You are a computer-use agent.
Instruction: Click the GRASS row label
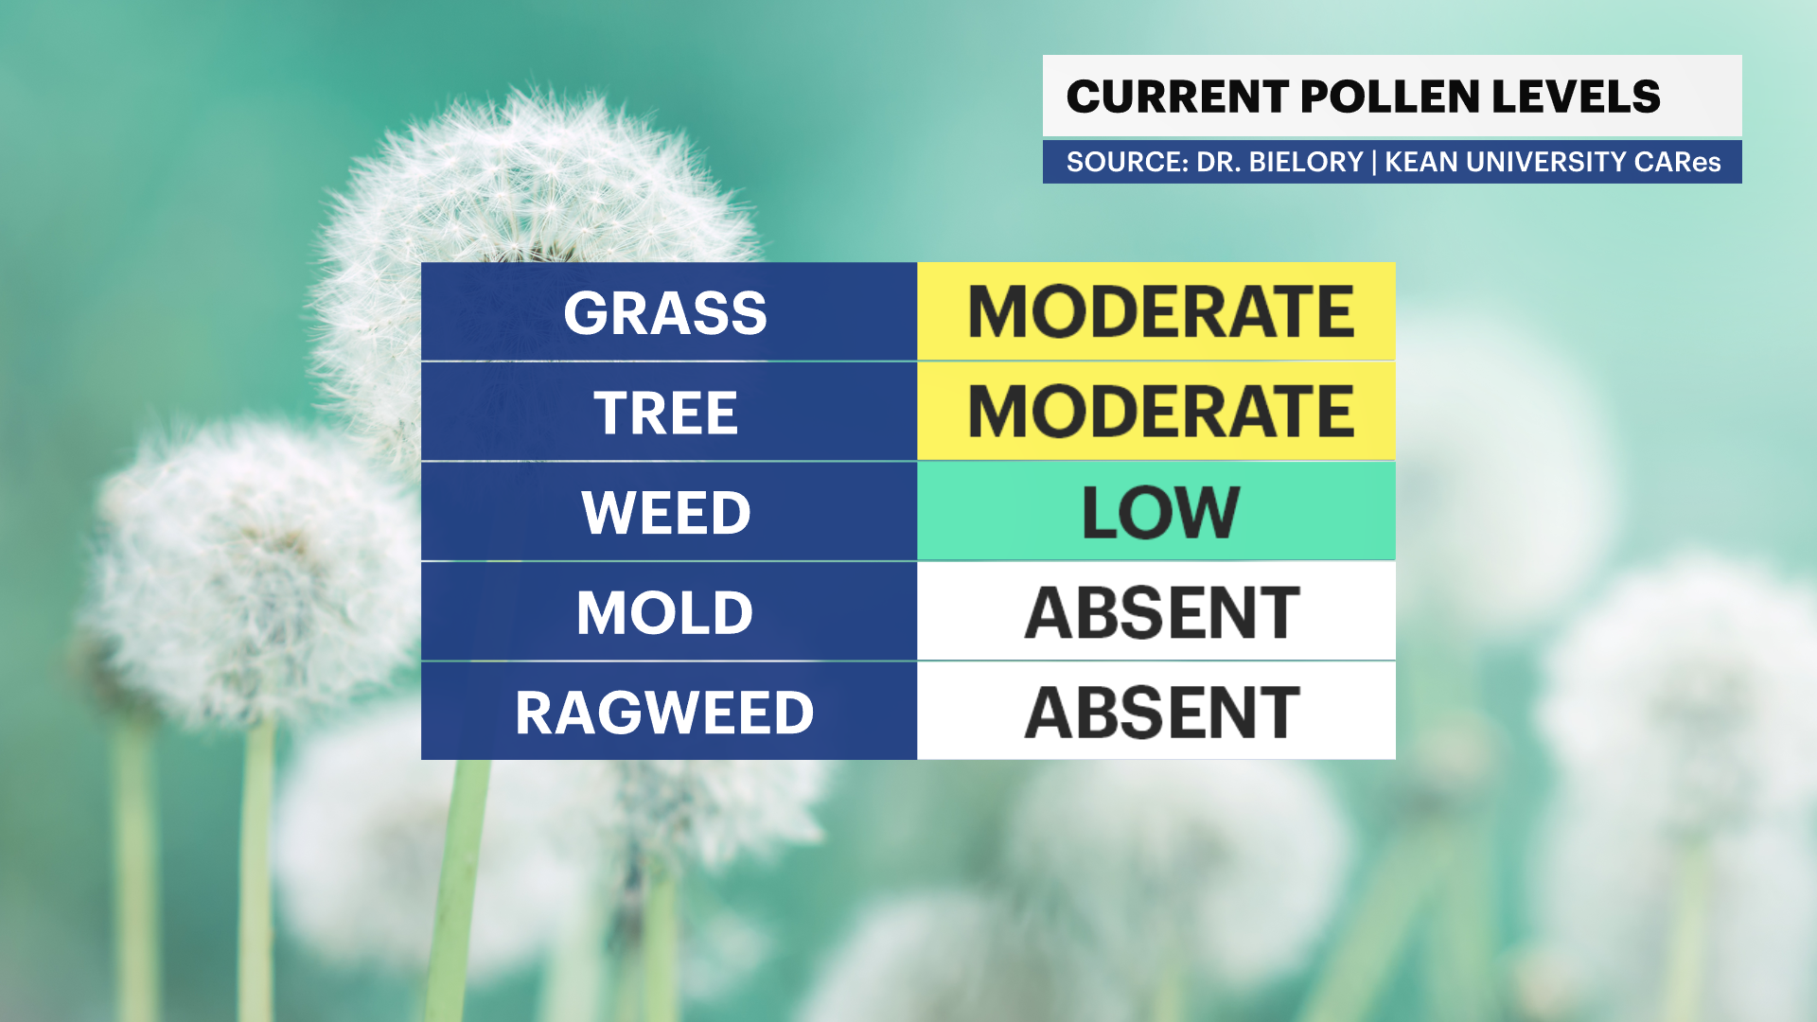click(665, 313)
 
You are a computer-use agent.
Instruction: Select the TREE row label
click(665, 414)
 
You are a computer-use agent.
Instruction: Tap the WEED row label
click(665, 513)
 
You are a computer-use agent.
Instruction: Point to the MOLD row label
click(665, 613)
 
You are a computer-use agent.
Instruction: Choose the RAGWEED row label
click(665, 713)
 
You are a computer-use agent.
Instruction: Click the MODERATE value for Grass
click(1160, 312)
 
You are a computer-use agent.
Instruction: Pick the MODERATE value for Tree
click(1160, 412)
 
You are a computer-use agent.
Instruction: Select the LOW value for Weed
click(1160, 513)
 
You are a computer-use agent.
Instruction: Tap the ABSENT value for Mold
click(1162, 613)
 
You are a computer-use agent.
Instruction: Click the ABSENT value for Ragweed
click(1162, 713)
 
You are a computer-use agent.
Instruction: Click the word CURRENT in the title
click(1177, 97)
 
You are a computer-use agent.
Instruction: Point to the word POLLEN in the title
click(1390, 97)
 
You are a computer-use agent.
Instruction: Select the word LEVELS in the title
click(1576, 97)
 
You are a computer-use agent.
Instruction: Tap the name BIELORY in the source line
click(1306, 162)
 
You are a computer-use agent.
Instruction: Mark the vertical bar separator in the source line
click(1374, 162)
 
